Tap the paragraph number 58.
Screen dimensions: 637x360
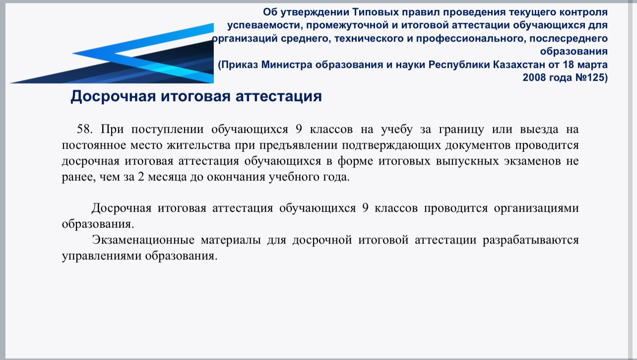pos(85,129)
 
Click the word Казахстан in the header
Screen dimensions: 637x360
pos(518,64)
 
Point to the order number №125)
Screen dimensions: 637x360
pos(591,77)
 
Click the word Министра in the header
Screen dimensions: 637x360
pos(286,64)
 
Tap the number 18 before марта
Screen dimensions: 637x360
pos(569,64)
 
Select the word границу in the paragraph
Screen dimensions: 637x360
pos(461,129)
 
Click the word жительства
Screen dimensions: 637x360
pos(198,145)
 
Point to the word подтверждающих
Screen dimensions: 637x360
pos(391,146)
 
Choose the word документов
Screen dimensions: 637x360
pos(478,146)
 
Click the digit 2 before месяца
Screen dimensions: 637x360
pos(141,177)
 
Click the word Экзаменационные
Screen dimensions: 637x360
pos(143,240)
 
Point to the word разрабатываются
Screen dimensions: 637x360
pos(531,240)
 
